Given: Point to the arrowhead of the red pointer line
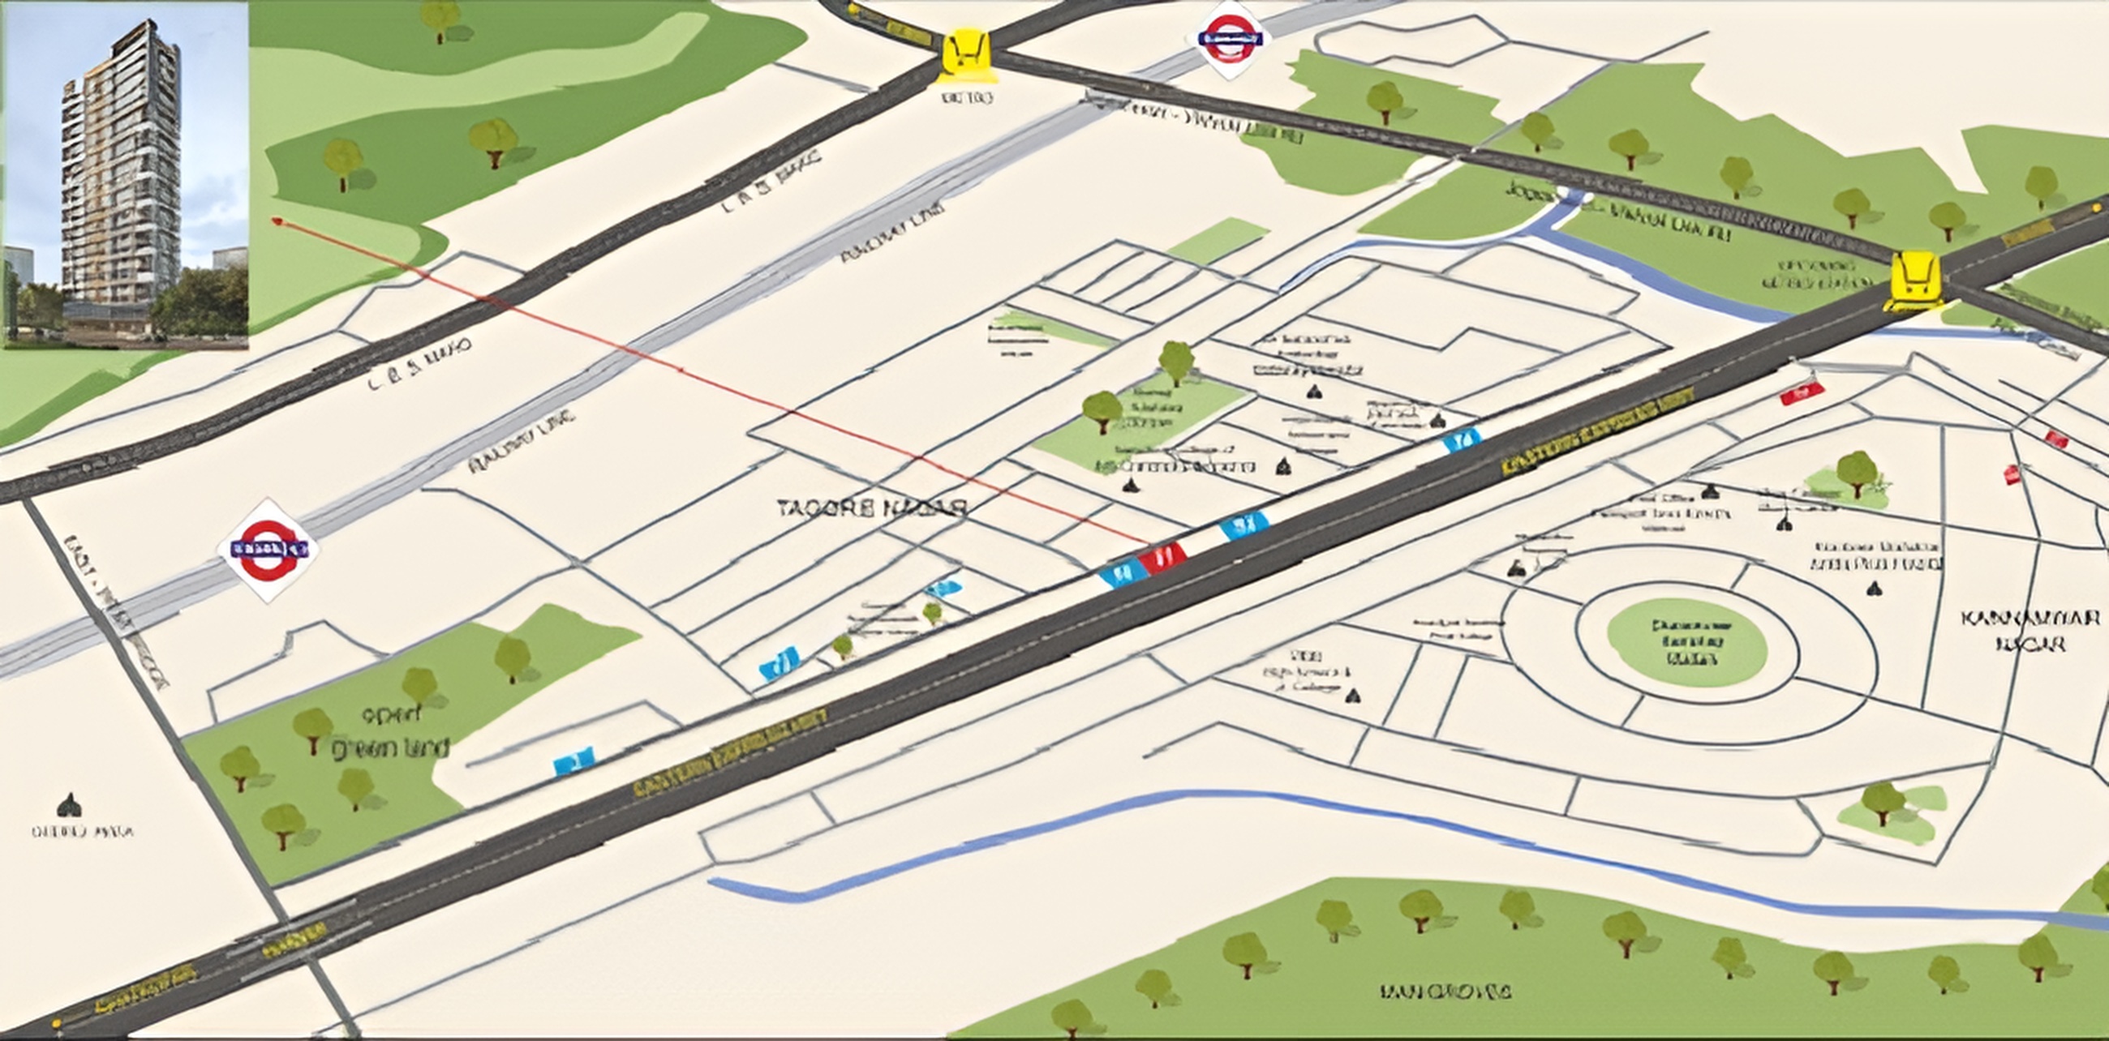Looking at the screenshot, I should pos(277,220).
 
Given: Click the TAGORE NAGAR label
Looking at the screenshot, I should pos(873,508).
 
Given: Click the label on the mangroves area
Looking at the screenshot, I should pos(1445,992).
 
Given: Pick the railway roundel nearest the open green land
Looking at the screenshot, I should pos(268,550).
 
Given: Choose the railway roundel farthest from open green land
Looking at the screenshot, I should pos(1230,38).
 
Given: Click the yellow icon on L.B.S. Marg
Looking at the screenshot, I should pos(966,57).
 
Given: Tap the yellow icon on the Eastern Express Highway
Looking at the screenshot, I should pos(1914,281).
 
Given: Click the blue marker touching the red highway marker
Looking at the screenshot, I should pos(1122,572).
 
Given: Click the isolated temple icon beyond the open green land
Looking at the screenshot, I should pos(70,805).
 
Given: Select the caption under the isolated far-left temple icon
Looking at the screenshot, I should pos(82,833).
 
